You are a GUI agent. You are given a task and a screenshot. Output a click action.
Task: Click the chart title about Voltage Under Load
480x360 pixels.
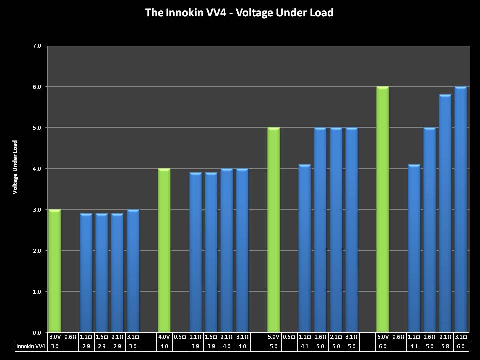[239, 13]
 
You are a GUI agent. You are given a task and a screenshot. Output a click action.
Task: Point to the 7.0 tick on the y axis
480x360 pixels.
[37, 46]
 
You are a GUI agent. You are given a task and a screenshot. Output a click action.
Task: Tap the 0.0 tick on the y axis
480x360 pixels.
[37, 332]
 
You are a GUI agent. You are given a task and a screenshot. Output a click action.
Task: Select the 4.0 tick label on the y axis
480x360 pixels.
[37, 169]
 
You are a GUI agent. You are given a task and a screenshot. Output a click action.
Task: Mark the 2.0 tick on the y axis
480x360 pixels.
[37, 251]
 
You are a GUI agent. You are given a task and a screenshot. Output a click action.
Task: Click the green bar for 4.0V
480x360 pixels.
[164, 250]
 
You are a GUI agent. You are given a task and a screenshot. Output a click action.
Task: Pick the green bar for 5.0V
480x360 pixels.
[273, 230]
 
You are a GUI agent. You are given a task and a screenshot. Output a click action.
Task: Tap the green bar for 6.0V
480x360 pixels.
[382, 209]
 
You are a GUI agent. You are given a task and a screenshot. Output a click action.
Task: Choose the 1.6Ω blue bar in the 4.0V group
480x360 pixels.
[211, 252]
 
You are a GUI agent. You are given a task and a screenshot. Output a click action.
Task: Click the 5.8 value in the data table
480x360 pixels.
[445, 346]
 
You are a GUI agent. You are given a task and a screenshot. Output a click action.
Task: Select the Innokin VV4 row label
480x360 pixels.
[31, 346]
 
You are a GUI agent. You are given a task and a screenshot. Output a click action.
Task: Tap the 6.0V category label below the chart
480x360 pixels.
[382, 337]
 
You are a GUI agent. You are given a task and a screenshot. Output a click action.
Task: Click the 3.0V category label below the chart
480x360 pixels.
[54, 337]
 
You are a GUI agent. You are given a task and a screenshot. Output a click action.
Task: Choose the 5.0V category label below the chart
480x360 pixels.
[273, 337]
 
